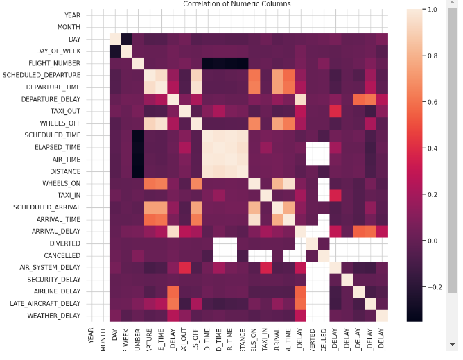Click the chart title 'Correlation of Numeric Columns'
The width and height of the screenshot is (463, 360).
tap(236, 4)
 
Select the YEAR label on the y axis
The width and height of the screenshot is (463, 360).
tap(72, 15)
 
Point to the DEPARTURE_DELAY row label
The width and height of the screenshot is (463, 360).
tap(54, 99)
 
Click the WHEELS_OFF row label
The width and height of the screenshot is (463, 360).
tap(62, 123)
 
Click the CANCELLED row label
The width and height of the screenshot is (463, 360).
tap(62, 255)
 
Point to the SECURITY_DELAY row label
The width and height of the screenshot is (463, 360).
tap(55, 279)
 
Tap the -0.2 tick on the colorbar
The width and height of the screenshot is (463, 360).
tap(434, 286)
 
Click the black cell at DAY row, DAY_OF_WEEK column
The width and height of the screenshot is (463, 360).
tap(127, 38)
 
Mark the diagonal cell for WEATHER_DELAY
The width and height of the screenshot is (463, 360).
tap(383, 315)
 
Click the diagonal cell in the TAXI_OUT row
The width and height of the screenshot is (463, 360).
tap(185, 111)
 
